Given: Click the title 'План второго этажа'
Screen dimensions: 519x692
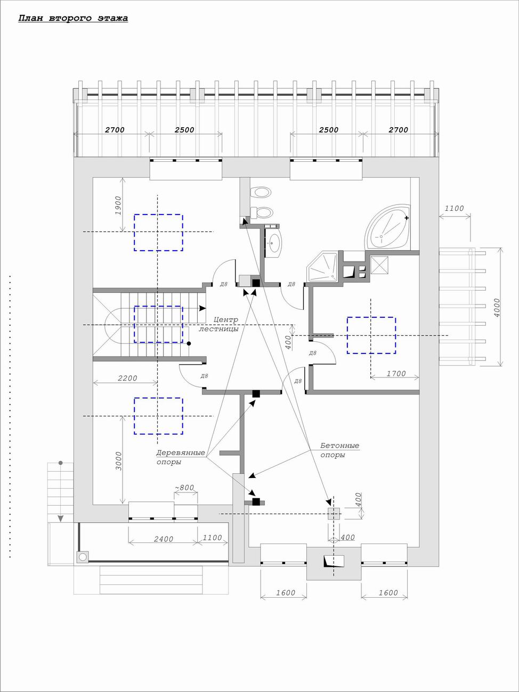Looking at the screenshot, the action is (73, 18).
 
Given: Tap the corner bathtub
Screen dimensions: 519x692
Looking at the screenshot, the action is (388, 227).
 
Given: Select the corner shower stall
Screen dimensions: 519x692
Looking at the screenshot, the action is (323, 267).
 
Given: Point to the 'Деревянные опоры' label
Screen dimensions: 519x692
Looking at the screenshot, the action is (181, 457).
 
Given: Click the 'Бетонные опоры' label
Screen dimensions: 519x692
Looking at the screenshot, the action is (340, 450).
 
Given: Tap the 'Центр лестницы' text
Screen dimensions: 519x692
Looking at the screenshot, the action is (218, 324).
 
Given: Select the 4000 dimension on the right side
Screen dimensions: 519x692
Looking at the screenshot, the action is (497, 307).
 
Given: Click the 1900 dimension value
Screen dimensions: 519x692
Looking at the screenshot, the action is (118, 205).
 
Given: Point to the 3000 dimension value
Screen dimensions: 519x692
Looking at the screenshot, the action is (118, 461).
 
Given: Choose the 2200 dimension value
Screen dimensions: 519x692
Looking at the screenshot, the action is (127, 378).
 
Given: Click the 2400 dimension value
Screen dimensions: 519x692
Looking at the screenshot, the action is (164, 539).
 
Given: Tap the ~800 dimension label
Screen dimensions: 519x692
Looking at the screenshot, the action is (184, 488).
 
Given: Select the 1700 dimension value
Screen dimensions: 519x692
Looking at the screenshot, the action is (396, 373).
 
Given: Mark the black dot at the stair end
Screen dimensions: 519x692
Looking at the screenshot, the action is (189, 343).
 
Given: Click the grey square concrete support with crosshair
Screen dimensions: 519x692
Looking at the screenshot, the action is (334, 514).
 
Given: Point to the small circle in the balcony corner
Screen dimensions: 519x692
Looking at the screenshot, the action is (83, 557).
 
